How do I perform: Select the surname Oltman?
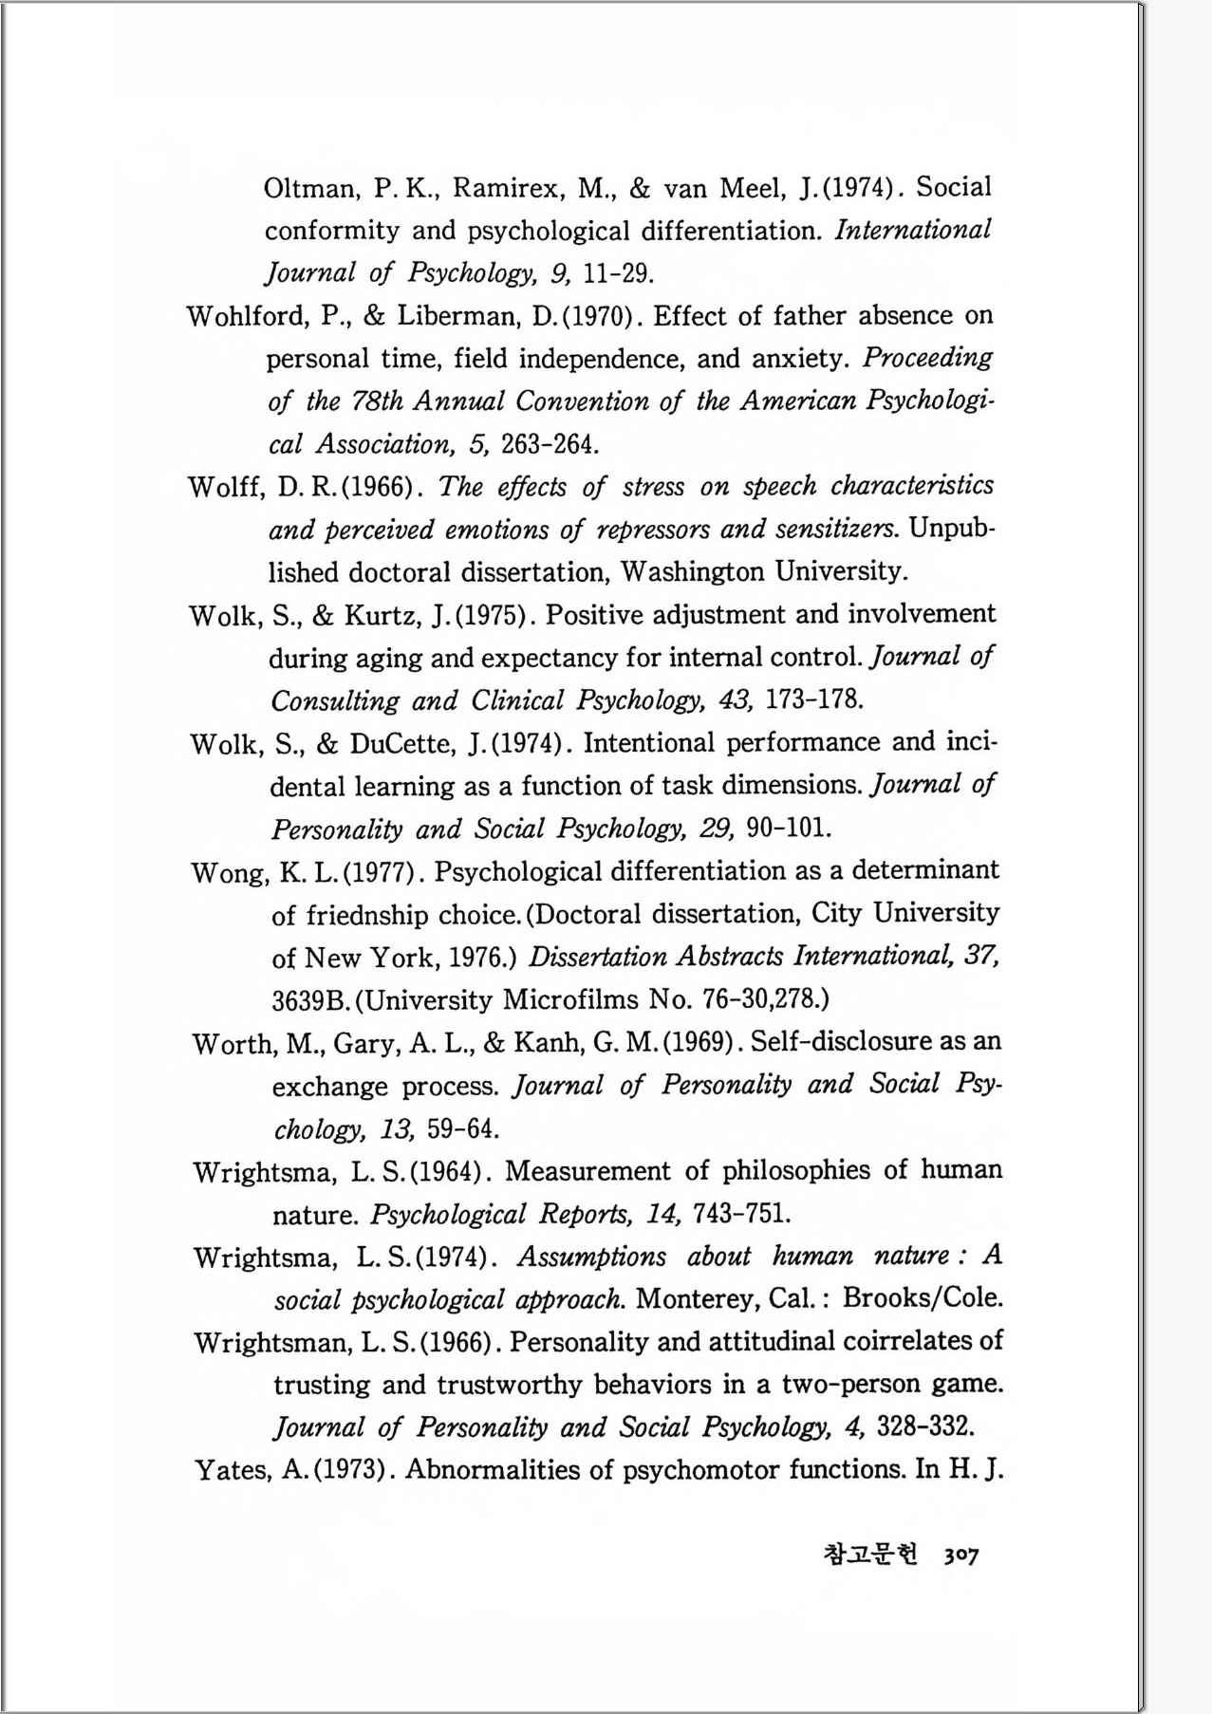[x=308, y=188]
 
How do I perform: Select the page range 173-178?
[x=813, y=701]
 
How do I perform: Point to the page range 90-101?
[x=789, y=829]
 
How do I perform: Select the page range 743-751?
[x=741, y=1215]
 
